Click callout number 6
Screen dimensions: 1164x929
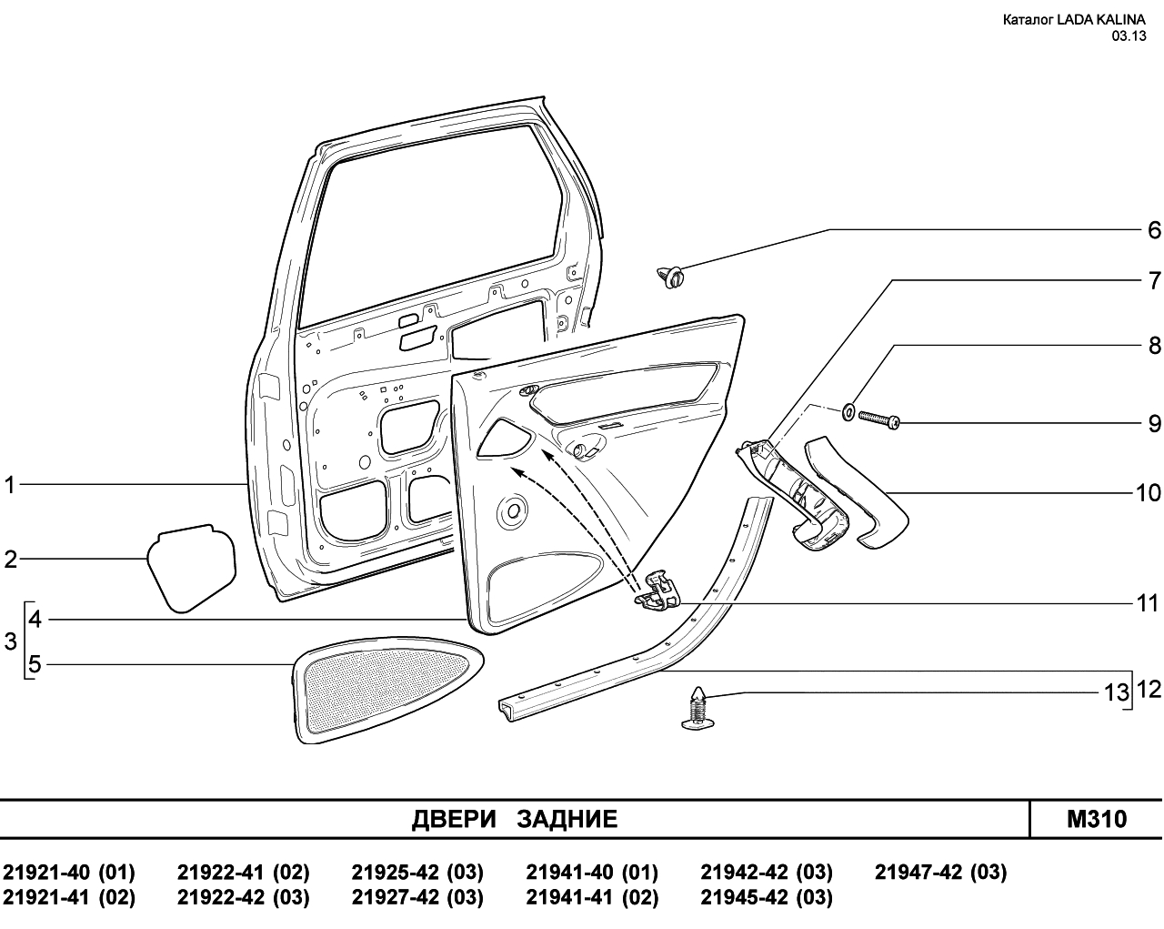point(1154,230)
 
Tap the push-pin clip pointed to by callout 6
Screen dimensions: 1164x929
point(670,278)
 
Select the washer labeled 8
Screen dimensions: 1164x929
point(848,412)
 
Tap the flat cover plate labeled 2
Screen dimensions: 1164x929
point(192,568)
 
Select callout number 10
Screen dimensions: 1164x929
point(1148,493)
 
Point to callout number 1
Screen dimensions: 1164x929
point(9,485)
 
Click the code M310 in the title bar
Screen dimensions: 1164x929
point(1097,819)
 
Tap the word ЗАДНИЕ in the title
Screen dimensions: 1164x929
point(567,819)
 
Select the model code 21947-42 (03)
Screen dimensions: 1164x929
point(940,873)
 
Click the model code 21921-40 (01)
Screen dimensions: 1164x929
point(69,873)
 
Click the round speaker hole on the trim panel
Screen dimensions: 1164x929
point(513,510)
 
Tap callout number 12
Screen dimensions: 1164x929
point(1149,690)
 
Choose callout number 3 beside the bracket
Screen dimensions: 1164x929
point(10,641)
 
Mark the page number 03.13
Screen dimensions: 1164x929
point(1129,36)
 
